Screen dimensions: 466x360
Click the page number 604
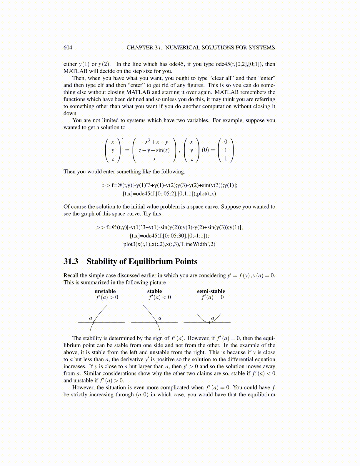click(68, 48)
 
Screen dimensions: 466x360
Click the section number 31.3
click(71, 262)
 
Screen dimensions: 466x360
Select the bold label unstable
click(105, 291)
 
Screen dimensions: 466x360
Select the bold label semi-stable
click(211, 291)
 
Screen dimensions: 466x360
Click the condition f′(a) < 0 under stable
click(159, 297)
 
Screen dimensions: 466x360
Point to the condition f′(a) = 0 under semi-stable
click(212, 297)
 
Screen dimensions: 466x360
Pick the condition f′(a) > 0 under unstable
click(107, 297)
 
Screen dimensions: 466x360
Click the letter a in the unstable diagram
click(91, 318)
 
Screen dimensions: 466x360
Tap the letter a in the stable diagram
click(160, 318)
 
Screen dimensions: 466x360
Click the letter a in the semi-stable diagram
click(213, 318)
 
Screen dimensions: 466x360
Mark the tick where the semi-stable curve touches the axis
click(209, 322)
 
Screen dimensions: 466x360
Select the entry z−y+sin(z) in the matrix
click(154, 150)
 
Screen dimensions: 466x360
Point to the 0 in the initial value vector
click(226, 142)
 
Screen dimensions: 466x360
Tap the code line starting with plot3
click(169, 244)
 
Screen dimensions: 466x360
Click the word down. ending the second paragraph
click(71, 114)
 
